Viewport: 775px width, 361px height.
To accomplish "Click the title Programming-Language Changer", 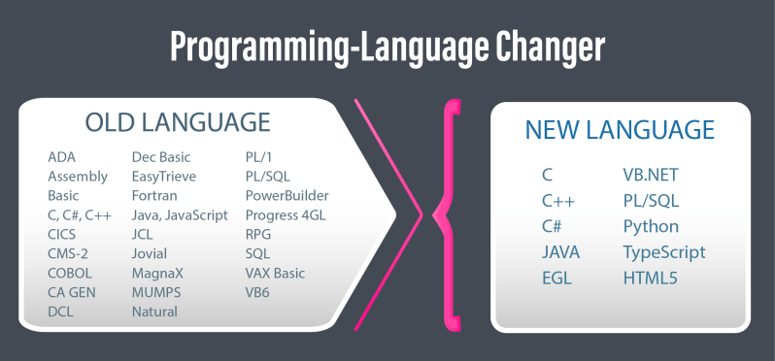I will [387, 47].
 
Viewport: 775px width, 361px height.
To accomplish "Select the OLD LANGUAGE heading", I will [178, 123].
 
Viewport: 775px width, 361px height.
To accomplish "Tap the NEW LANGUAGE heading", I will [620, 130].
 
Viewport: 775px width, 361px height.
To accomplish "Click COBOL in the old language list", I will [72, 273].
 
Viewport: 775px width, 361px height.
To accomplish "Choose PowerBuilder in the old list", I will [286, 195].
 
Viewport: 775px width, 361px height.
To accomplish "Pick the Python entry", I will [651, 226].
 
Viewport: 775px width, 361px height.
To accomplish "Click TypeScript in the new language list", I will [663, 252].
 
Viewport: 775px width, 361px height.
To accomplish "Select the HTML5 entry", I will [651, 279].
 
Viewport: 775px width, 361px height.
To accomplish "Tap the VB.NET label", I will [651, 175].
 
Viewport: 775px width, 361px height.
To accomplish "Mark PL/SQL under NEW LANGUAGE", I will [651, 201].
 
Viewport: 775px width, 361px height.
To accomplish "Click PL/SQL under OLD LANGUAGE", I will [268, 176].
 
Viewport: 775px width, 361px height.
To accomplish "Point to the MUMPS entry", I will [156, 292].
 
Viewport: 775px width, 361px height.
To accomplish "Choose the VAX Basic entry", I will [275, 273].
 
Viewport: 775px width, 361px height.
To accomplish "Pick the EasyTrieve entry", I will [164, 176].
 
